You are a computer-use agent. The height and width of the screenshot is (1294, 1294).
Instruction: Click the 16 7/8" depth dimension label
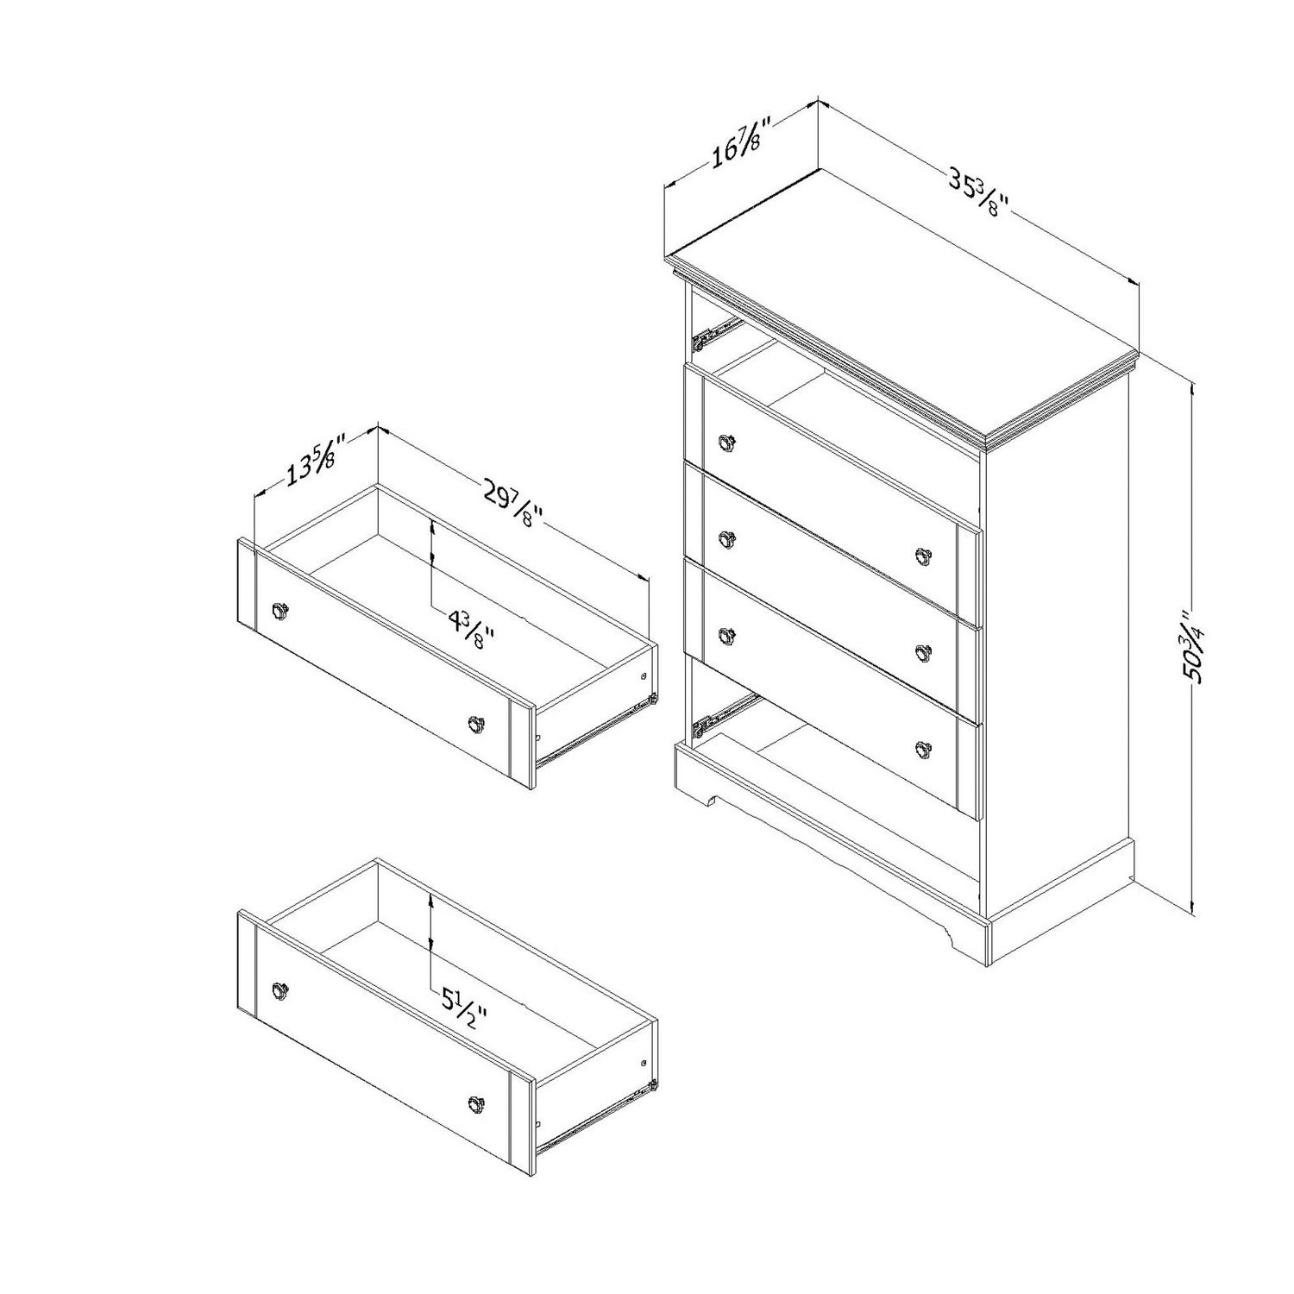[x=736, y=148]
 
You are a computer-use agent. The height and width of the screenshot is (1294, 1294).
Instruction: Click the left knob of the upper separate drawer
[x=280, y=611]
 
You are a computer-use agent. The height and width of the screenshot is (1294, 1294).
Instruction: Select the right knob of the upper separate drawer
[x=476, y=723]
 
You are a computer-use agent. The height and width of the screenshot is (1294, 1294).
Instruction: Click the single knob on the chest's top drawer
[x=728, y=443]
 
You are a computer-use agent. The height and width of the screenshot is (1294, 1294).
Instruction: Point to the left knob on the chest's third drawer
[x=728, y=635]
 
